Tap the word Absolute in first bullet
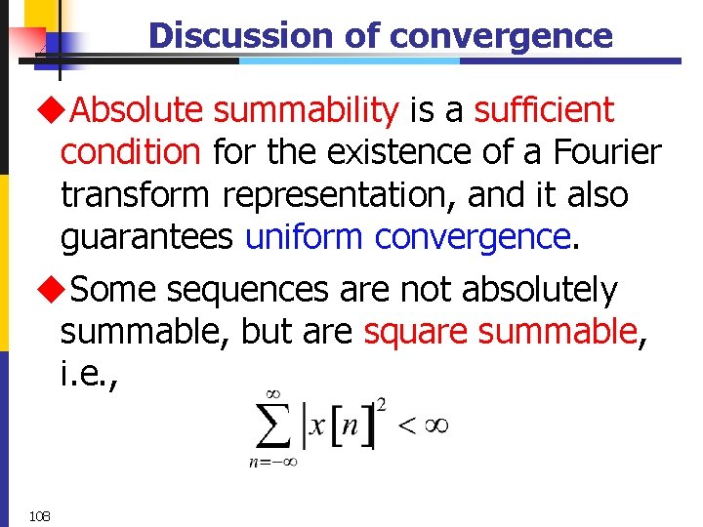(136, 111)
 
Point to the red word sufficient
(544, 111)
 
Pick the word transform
(136, 195)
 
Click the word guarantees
(147, 237)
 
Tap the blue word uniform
(306, 237)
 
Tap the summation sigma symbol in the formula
(273, 427)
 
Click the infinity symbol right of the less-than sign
(434, 426)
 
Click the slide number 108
(41, 515)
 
